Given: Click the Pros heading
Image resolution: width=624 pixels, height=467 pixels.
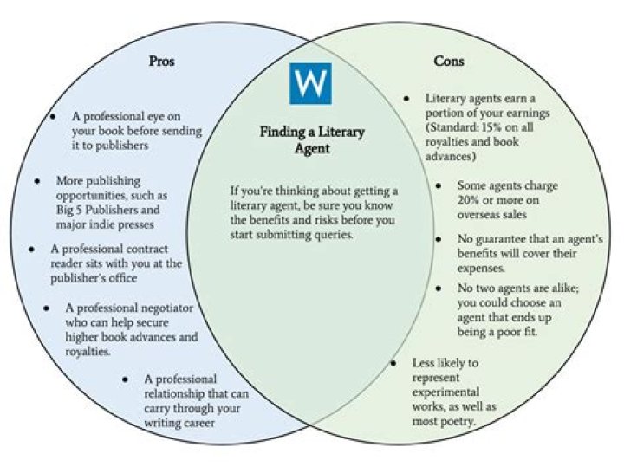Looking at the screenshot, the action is [x=161, y=61].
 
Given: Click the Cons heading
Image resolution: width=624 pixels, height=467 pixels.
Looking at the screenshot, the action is [x=449, y=61].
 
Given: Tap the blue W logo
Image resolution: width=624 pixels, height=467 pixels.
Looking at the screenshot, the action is [x=310, y=83].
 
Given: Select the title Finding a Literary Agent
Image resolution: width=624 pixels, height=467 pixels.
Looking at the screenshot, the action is [x=312, y=140].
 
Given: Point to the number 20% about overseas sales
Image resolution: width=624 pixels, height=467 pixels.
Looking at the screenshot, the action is [x=468, y=200].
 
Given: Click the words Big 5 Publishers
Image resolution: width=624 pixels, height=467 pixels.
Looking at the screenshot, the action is [x=96, y=210].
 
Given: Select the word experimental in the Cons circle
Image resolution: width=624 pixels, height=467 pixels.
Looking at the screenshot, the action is [x=445, y=392].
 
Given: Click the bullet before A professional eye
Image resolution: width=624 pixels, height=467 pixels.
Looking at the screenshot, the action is [x=53, y=117].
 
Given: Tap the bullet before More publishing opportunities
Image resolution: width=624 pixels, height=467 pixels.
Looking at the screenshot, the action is [x=37, y=181].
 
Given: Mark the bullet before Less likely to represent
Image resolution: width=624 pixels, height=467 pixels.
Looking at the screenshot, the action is [x=393, y=363].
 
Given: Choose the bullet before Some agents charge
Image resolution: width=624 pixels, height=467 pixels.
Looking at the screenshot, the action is [x=439, y=185].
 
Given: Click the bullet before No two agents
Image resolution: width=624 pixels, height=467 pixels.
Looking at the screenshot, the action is [x=439, y=288].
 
